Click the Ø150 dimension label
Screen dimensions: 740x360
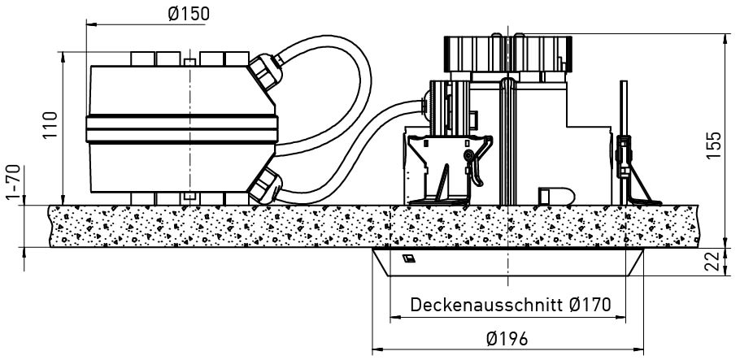(189, 14)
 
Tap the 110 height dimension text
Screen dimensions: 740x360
(50, 124)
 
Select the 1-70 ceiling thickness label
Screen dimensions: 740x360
(14, 182)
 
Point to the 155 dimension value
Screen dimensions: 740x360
(714, 145)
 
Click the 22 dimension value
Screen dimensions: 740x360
(714, 261)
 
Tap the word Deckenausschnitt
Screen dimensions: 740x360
(487, 304)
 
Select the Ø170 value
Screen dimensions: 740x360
(590, 304)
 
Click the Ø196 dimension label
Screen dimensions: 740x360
(507, 338)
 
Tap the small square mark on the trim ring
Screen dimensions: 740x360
(409, 258)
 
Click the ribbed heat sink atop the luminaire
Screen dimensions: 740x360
(507, 54)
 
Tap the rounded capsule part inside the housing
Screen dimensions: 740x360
(557, 196)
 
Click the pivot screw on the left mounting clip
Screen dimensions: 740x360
(468, 155)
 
